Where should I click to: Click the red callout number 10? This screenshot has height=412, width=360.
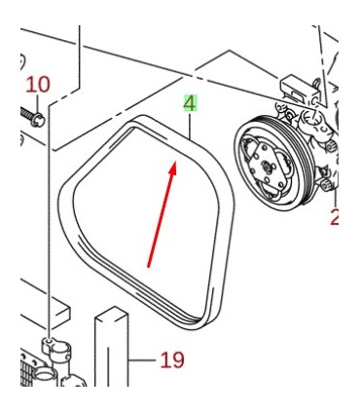tap(37, 85)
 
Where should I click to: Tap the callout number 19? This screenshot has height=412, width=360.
tap(172, 360)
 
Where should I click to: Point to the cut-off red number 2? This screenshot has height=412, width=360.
tap(335, 217)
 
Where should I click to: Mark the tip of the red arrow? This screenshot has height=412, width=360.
tap(176, 163)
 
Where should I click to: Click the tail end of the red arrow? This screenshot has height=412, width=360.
tap(148, 265)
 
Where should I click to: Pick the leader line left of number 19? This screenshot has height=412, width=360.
tap(143, 361)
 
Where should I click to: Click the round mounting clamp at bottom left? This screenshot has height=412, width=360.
tap(50, 347)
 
